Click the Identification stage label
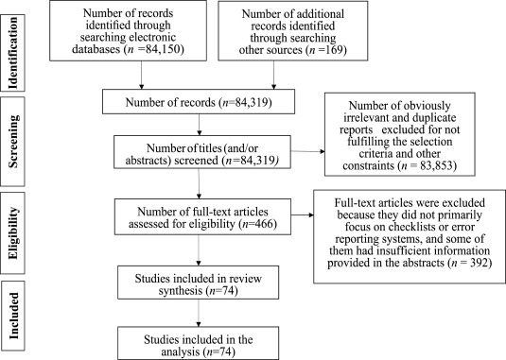pyautogui.click(x=14, y=44)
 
